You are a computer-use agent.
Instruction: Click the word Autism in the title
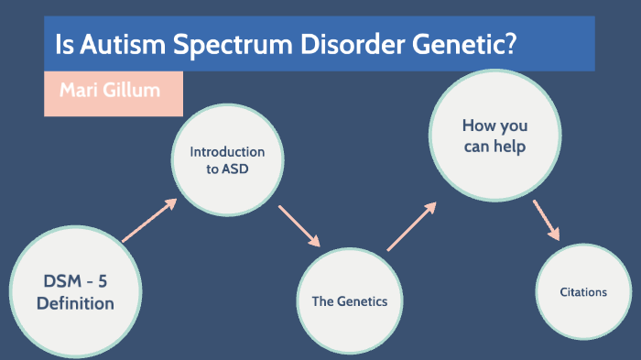click(114, 43)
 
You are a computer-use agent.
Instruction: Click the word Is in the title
click(63, 43)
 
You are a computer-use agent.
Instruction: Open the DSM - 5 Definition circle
click(75, 292)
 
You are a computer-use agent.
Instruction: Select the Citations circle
click(583, 292)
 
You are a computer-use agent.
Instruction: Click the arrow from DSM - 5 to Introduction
click(147, 222)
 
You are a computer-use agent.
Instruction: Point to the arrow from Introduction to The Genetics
click(299, 225)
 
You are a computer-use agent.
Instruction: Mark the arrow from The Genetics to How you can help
click(411, 225)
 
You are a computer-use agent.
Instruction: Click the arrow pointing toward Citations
click(547, 221)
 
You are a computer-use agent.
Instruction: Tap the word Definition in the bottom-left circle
click(75, 303)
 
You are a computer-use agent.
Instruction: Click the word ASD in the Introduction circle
click(233, 169)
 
